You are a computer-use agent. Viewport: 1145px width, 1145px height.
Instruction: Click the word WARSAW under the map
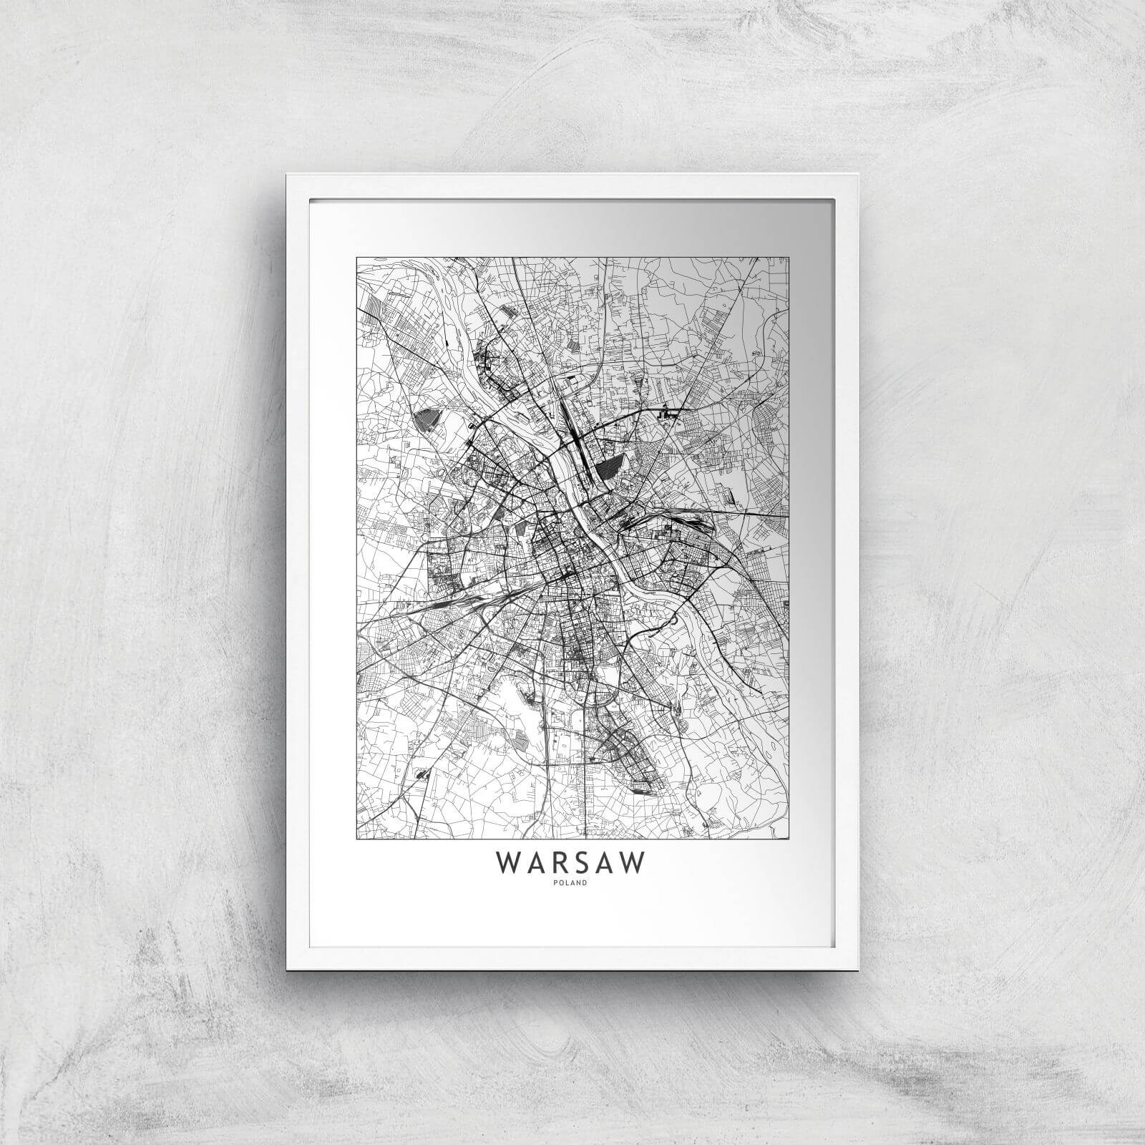[572, 863]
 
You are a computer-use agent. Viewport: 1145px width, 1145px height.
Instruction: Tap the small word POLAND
[572, 882]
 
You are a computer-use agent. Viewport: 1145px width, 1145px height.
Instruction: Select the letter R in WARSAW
[557, 863]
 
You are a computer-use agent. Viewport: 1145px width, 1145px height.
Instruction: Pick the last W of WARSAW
[633, 863]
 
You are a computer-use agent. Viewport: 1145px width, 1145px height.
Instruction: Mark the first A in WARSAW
[534, 863]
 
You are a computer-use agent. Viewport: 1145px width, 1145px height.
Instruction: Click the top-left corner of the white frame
[286, 174]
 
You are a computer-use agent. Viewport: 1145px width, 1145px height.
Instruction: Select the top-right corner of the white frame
[858, 174]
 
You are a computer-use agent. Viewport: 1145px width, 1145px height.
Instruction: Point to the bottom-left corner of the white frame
[286, 970]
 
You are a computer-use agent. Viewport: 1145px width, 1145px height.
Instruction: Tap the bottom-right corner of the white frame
[858, 970]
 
